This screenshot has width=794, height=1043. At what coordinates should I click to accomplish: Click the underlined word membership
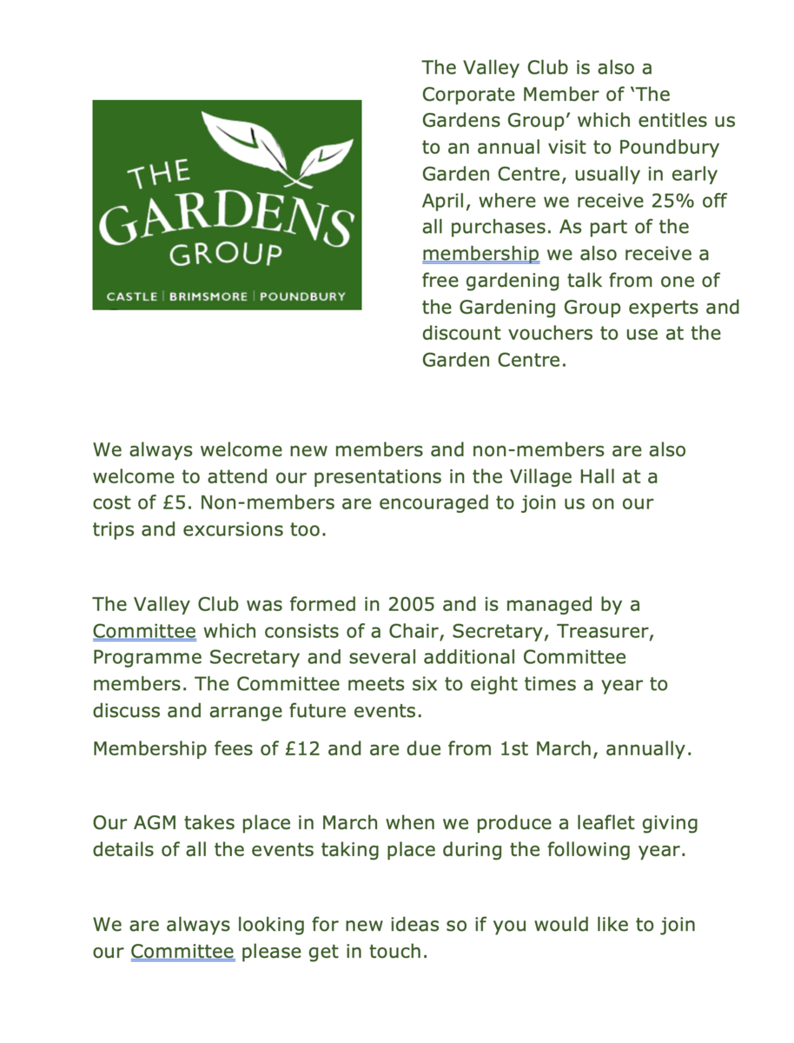click(480, 254)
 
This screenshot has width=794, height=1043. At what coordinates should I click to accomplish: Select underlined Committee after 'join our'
click(182, 952)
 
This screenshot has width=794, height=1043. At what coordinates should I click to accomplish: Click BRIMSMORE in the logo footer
click(208, 296)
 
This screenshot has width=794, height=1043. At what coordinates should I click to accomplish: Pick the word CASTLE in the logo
click(132, 296)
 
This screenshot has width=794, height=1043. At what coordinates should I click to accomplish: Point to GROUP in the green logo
click(226, 255)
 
